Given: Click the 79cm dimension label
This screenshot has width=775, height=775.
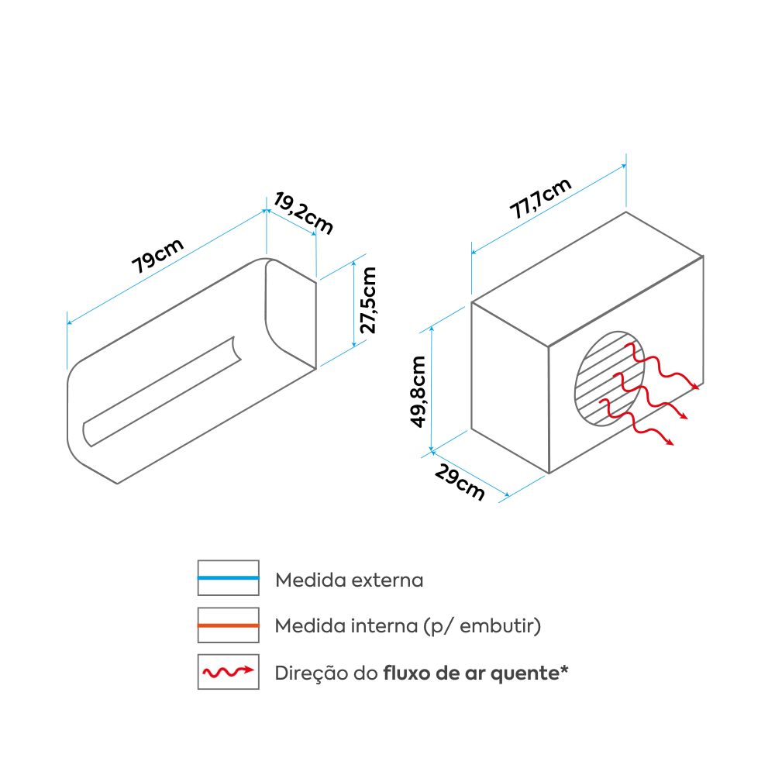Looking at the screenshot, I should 158,256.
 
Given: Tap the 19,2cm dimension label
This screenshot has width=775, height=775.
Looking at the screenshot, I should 303,214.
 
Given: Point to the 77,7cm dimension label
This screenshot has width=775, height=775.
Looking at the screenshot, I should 541,200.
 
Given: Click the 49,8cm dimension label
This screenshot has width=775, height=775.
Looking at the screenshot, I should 418,391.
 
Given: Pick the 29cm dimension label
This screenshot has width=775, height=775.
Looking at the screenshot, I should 460,480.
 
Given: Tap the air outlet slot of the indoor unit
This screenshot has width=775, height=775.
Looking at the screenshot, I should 163,391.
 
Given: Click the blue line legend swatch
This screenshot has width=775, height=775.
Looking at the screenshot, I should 228,578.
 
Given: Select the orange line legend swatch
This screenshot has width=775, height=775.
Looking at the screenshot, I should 228,625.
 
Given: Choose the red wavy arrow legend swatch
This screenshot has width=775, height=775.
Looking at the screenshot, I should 228,671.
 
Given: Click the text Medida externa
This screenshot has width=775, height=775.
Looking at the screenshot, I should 350,580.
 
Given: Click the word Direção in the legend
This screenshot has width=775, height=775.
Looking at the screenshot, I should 306,673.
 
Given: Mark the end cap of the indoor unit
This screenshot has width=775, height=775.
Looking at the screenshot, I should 291,310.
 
